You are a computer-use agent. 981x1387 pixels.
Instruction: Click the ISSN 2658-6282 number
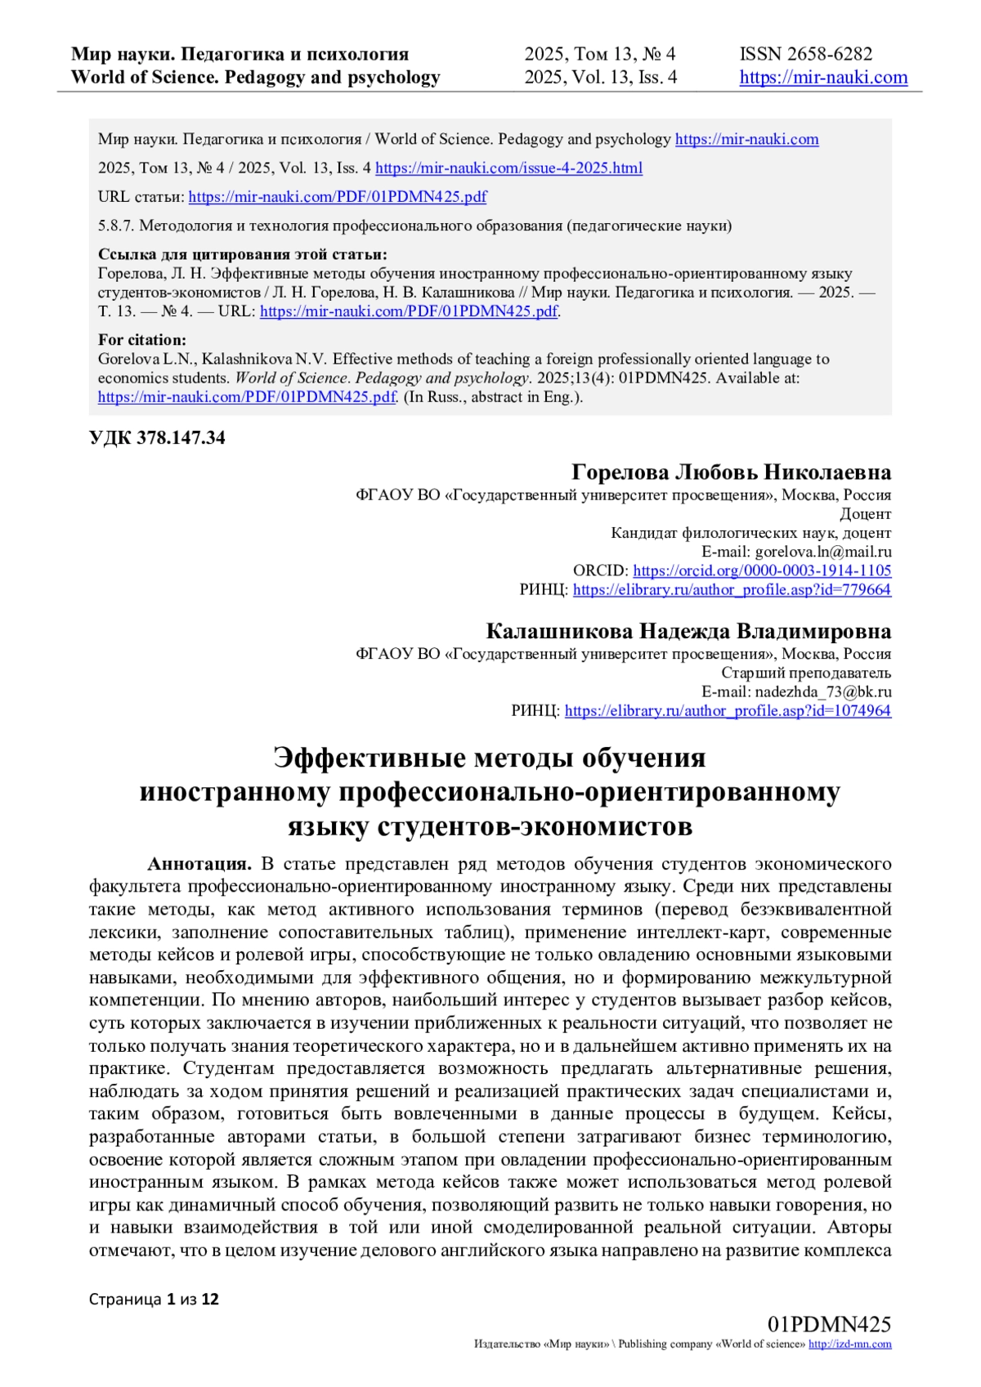coord(806,54)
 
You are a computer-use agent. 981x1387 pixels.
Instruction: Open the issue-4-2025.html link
coord(508,168)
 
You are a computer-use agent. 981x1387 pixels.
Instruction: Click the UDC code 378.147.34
coord(157,438)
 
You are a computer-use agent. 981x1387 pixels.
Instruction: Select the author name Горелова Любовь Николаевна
coord(731,472)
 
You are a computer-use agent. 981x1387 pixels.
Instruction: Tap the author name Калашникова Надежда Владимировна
coord(688,632)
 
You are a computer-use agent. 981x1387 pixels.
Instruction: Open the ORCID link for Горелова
coord(762,570)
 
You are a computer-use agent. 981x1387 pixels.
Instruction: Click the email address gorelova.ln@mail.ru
coord(823,552)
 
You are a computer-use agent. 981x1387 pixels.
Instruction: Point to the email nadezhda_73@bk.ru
coord(823,691)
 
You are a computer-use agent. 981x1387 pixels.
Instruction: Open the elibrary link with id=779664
coord(732,589)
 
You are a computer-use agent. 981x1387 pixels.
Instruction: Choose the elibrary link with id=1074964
coord(728,710)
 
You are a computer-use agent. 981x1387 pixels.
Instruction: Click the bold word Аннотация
coord(199,864)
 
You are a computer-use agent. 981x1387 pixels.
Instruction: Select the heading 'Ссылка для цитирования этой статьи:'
coord(242,254)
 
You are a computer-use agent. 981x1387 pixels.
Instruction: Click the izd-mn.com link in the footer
coord(849,1344)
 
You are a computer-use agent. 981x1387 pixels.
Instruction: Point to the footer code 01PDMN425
coord(829,1325)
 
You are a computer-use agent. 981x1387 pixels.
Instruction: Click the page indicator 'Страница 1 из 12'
coord(154,1300)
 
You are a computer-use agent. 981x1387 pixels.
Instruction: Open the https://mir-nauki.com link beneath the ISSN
coord(823,78)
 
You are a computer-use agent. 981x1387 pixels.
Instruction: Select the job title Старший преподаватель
coord(806,673)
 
